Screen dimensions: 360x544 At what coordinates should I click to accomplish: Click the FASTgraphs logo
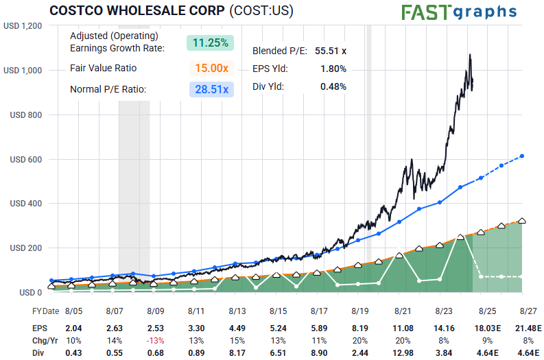pyautogui.click(x=459, y=12)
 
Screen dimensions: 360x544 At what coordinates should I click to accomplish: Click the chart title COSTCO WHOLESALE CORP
pyautogui.click(x=137, y=11)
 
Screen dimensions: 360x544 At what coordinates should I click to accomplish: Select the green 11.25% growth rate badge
pyautogui.click(x=210, y=43)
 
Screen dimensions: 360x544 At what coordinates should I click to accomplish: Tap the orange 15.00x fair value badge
pyautogui.click(x=210, y=68)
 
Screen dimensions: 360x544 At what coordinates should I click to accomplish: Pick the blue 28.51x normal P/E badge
pyautogui.click(x=210, y=89)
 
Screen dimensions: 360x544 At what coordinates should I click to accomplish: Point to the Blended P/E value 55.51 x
pyautogui.click(x=331, y=51)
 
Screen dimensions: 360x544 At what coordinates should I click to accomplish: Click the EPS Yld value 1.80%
pyautogui.click(x=333, y=69)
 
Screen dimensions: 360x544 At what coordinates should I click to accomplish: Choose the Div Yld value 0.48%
pyautogui.click(x=333, y=86)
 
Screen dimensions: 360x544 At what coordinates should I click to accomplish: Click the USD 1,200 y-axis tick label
pyautogui.click(x=23, y=26)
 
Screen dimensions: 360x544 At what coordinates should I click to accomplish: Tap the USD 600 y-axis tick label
pyautogui.click(x=27, y=160)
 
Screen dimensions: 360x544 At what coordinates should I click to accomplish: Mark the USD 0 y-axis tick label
pyautogui.click(x=32, y=293)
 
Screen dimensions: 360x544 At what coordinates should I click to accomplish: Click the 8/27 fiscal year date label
pyautogui.click(x=528, y=311)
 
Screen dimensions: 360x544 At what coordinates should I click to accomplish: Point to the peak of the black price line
pyautogui.click(x=470, y=54)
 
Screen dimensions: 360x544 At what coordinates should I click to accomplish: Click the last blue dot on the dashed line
pyautogui.click(x=523, y=156)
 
